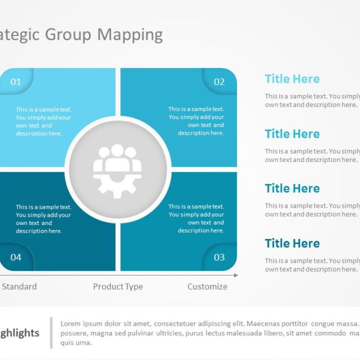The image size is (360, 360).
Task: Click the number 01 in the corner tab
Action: click(x=16, y=82)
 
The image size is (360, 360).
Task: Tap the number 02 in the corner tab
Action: click(x=219, y=82)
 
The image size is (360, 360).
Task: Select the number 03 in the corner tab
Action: click(x=219, y=257)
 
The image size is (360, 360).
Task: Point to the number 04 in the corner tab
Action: click(x=16, y=257)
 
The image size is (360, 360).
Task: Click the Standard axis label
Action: click(x=19, y=286)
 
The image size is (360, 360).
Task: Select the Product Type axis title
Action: click(x=118, y=286)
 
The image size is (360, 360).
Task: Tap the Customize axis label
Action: click(x=208, y=286)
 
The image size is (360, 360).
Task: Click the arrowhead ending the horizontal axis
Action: click(x=236, y=275)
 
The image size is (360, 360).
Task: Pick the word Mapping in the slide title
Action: click(x=130, y=35)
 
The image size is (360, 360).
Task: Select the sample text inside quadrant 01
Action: click(x=43, y=121)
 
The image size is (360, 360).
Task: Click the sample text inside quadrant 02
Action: click(x=196, y=121)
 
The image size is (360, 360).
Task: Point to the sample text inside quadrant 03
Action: click(x=196, y=218)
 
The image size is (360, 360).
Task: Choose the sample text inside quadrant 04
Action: click(x=43, y=218)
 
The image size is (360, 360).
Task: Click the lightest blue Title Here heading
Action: click(x=292, y=79)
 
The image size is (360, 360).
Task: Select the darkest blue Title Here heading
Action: click(x=292, y=244)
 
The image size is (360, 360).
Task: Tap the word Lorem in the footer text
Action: click(x=71, y=324)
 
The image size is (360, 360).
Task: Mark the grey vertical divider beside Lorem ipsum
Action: click(x=51, y=332)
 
